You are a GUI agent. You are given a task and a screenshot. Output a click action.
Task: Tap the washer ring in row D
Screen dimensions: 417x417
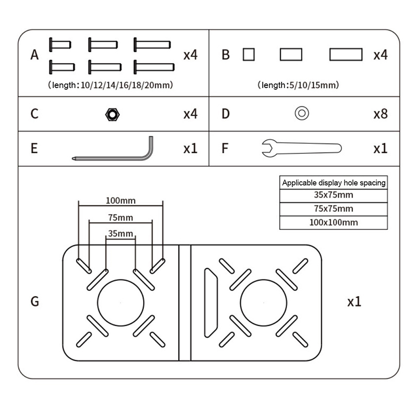tap(301, 113)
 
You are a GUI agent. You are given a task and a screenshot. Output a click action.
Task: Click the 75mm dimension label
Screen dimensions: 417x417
tap(120, 217)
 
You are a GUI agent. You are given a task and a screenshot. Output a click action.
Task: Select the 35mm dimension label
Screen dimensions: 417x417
tap(120, 234)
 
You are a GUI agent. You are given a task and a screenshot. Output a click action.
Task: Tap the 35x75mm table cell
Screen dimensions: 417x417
tap(334, 195)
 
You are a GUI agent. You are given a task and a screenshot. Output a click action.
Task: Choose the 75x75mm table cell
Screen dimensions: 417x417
tap(334, 209)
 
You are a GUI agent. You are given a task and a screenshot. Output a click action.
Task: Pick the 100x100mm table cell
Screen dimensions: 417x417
tap(334, 223)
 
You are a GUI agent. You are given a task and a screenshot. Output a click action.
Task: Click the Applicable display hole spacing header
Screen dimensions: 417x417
tap(334, 182)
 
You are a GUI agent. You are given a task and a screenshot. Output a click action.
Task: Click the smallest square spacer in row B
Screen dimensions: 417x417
tap(249, 54)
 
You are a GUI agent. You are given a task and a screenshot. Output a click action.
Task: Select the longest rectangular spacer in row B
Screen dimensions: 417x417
tap(346, 54)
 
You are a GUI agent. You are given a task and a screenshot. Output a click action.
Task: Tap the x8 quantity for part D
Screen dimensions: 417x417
tap(381, 114)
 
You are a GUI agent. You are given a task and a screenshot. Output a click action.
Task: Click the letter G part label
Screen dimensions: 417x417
tap(35, 301)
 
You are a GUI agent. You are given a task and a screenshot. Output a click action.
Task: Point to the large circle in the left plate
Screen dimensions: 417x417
tap(120, 302)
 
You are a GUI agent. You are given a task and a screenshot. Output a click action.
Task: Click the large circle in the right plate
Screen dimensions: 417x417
tap(264, 302)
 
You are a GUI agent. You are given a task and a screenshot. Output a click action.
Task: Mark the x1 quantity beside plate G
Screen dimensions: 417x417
tap(354, 302)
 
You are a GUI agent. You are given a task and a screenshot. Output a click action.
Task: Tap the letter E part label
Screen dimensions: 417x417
tap(34, 148)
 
